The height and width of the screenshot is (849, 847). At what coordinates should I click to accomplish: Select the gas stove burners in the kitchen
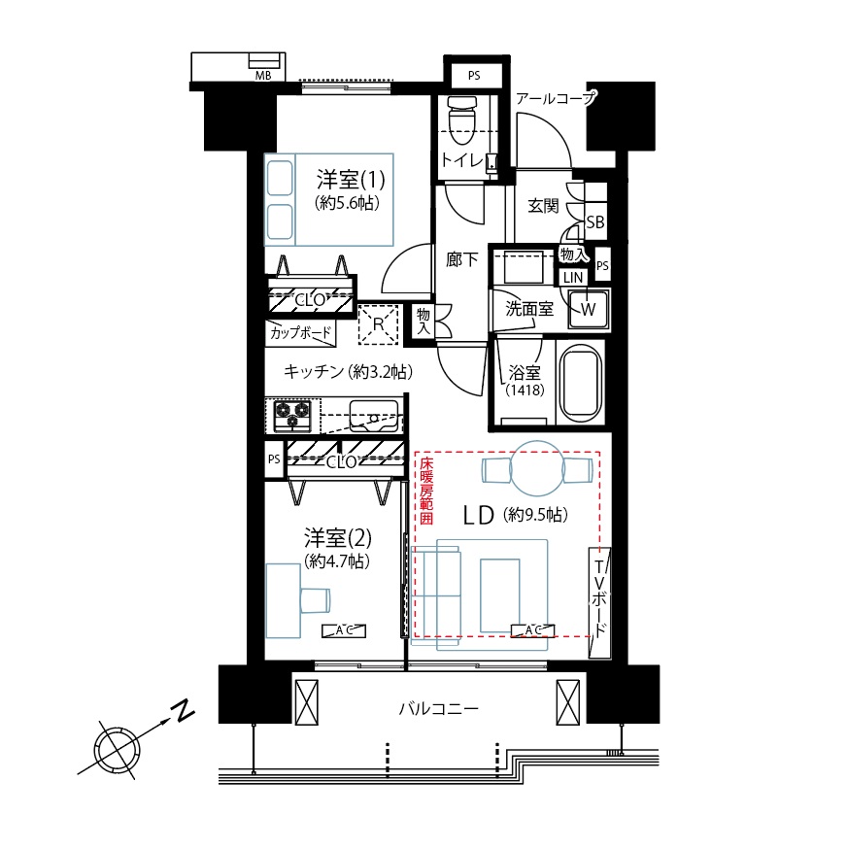point(292,416)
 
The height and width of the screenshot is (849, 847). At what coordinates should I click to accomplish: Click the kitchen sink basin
point(374,415)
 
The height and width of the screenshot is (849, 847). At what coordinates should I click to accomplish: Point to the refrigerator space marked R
point(378,324)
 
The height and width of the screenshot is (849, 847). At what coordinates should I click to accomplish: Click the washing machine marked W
point(589,309)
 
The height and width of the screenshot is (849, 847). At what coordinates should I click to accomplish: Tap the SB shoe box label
point(595,222)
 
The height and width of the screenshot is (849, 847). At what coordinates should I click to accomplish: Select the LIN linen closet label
point(573,278)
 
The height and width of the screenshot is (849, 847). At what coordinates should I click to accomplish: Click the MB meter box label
point(263,76)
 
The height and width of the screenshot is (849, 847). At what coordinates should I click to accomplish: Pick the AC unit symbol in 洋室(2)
point(344,630)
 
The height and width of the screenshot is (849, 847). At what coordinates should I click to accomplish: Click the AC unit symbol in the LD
point(533,630)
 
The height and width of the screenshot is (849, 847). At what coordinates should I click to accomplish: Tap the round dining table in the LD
point(537,468)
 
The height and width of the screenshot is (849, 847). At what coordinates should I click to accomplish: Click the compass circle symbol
point(119,751)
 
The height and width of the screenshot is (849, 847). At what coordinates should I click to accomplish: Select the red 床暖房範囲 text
point(426,492)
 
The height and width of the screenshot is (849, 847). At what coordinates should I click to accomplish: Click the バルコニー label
point(439,708)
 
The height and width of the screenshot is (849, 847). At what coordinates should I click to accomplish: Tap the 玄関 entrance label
point(543,206)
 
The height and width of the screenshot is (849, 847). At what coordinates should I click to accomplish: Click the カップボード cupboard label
point(299,332)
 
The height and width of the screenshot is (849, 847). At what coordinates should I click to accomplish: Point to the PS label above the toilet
point(474,76)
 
